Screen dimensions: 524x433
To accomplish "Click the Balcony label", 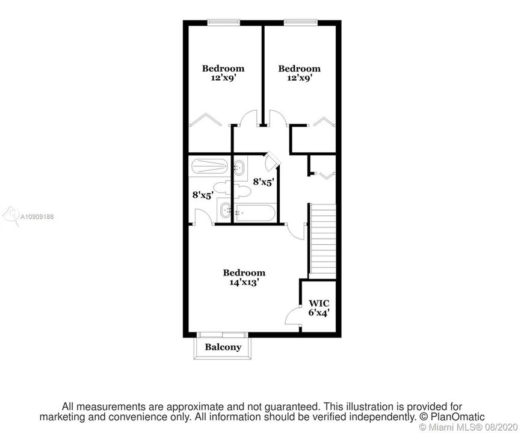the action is pos(223,347).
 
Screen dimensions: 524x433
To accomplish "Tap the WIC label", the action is pos(319,303).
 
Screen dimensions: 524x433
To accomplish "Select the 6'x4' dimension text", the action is pos(319,313).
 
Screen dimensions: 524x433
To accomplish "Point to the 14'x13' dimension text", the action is pos(244,282).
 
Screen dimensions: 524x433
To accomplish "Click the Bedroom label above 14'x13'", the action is pos(244,272).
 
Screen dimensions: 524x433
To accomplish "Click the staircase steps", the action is pos(323,241).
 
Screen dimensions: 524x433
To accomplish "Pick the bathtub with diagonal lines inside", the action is pos(210,167).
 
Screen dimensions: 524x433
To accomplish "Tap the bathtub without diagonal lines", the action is pos(254,213).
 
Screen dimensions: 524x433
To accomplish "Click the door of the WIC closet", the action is pos(293,316).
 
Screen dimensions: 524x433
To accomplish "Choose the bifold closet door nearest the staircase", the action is pos(327,175).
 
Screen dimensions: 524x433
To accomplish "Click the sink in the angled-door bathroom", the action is pos(239,168).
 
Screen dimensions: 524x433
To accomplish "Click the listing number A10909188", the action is pos(37,217).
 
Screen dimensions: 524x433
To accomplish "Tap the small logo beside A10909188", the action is pos(10,215).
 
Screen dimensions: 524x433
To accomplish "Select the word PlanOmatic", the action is pos(457,417).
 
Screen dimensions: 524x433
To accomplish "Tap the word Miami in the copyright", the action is pos(440,427).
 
